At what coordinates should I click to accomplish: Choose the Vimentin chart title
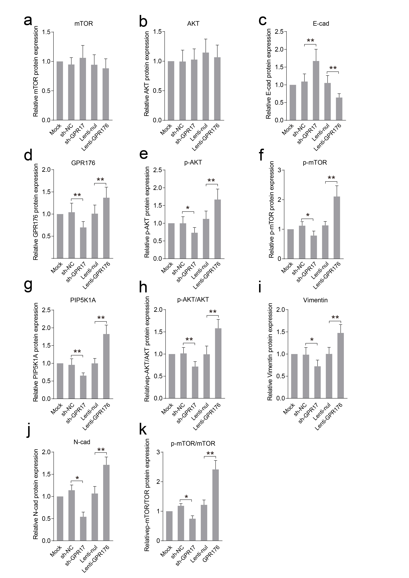point(315,300)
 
